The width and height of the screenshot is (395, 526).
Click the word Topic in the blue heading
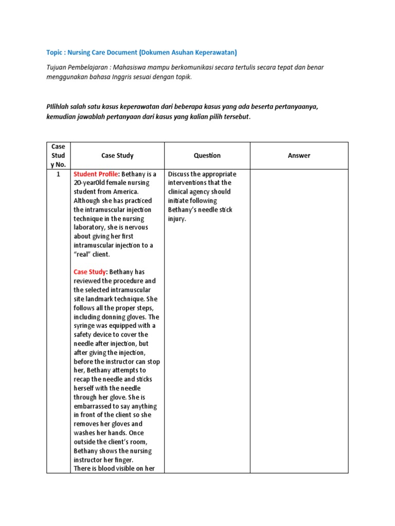point(55,52)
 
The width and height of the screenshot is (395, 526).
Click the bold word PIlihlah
point(59,106)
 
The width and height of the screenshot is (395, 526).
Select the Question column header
point(207,156)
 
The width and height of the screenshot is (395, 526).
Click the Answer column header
point(299,156)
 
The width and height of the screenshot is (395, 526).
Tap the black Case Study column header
point(117,156)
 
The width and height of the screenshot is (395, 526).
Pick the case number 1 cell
point(58,174)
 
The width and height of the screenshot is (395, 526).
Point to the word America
point(123,192)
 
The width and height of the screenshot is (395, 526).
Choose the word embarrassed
point(96,406)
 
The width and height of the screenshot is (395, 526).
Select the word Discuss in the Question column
point(180,174)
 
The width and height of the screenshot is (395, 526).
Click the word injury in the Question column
point(178,218)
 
